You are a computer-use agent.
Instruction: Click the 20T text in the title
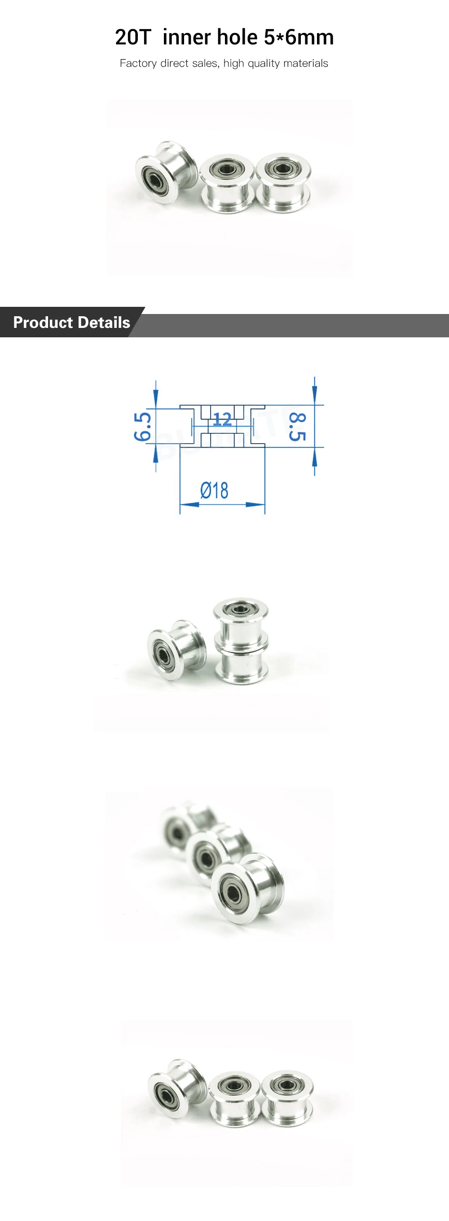[133, 37]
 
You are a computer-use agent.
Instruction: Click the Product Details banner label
[72, 323]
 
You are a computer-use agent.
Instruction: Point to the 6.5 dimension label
[142, 427]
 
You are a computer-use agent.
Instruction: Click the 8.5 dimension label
[298, 427]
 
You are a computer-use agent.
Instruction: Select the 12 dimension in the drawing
[222, 419]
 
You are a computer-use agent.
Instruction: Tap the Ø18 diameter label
[214, 490]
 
